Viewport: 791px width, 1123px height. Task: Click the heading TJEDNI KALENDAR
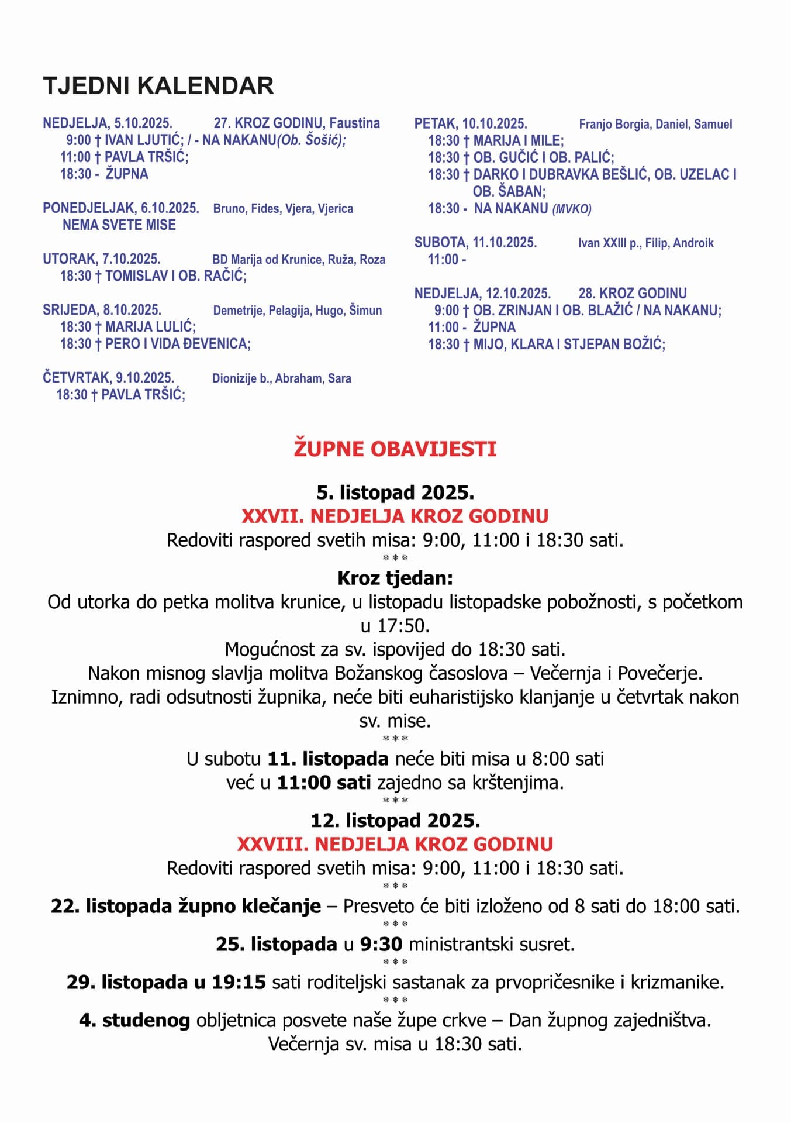click(158, 86)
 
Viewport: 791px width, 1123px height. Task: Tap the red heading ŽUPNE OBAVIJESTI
click(395, 449)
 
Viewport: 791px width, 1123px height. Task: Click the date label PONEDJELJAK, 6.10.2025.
click(121, 208)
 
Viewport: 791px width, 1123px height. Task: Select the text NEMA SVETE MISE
click(119, 225)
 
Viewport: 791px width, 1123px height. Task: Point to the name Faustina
click(354, 123)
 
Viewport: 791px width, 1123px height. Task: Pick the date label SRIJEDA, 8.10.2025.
click(102, 310)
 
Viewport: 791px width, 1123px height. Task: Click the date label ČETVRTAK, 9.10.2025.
click(108, 378)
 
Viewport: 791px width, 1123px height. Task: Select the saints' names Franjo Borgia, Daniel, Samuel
click(655, 124)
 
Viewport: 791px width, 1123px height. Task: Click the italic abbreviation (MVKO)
click(572, 209)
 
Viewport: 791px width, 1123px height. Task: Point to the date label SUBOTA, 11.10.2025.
click(475, 243)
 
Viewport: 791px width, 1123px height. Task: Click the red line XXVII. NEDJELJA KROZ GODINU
click(395, 516)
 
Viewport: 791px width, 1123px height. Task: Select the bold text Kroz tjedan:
click(395, 578)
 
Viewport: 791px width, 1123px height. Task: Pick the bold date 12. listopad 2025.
click(395, 820)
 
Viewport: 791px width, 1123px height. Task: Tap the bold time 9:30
click(381, 943)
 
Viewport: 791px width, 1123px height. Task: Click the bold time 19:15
click(239, 981)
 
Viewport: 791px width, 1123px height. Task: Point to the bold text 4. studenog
click(134, 1020)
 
